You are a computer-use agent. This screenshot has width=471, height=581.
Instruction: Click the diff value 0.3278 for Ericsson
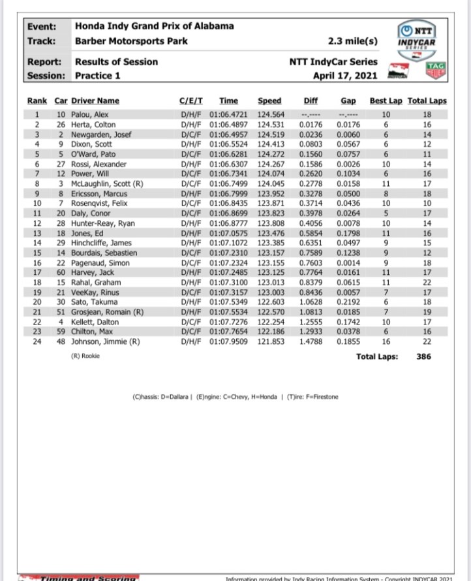311,194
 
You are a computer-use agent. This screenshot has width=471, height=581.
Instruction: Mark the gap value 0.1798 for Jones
349,234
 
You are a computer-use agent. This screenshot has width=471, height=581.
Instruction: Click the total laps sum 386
423,357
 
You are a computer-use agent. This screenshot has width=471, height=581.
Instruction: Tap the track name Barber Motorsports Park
131,40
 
